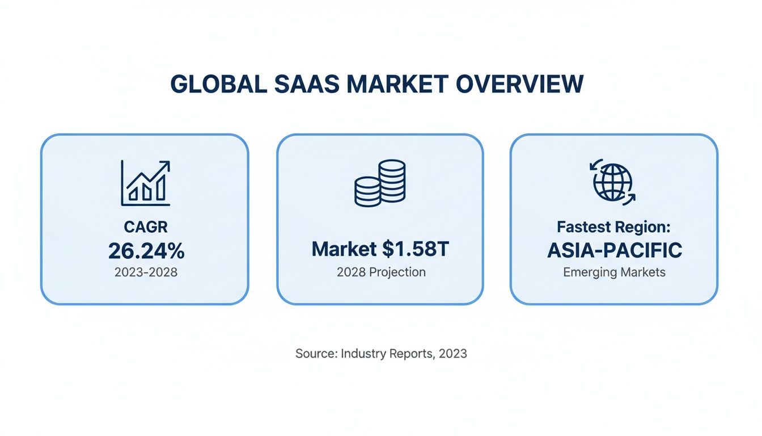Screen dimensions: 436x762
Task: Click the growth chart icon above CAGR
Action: (x=146, y=183)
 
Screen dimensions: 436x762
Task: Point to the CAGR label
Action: (x=146, y=228)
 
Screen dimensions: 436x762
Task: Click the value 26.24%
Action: (x=146, y=250)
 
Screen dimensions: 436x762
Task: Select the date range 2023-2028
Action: (x=146, y=272)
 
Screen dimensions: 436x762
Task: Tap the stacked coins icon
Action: (x=380, y=183)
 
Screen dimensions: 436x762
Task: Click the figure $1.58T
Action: (x=416, y=249)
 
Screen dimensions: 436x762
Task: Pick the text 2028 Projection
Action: (x=380, y=272)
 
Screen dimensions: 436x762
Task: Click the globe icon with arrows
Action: (x=613, y=183)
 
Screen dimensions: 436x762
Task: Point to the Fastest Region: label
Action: (x=614, y=228)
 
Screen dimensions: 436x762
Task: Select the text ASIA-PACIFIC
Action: (x=614, y=250)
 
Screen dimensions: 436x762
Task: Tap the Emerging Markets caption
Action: (x=614, y=272)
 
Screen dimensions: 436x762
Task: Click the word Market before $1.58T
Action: (x=344, y=249)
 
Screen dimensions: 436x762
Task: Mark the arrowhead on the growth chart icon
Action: (x=166, y=165)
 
